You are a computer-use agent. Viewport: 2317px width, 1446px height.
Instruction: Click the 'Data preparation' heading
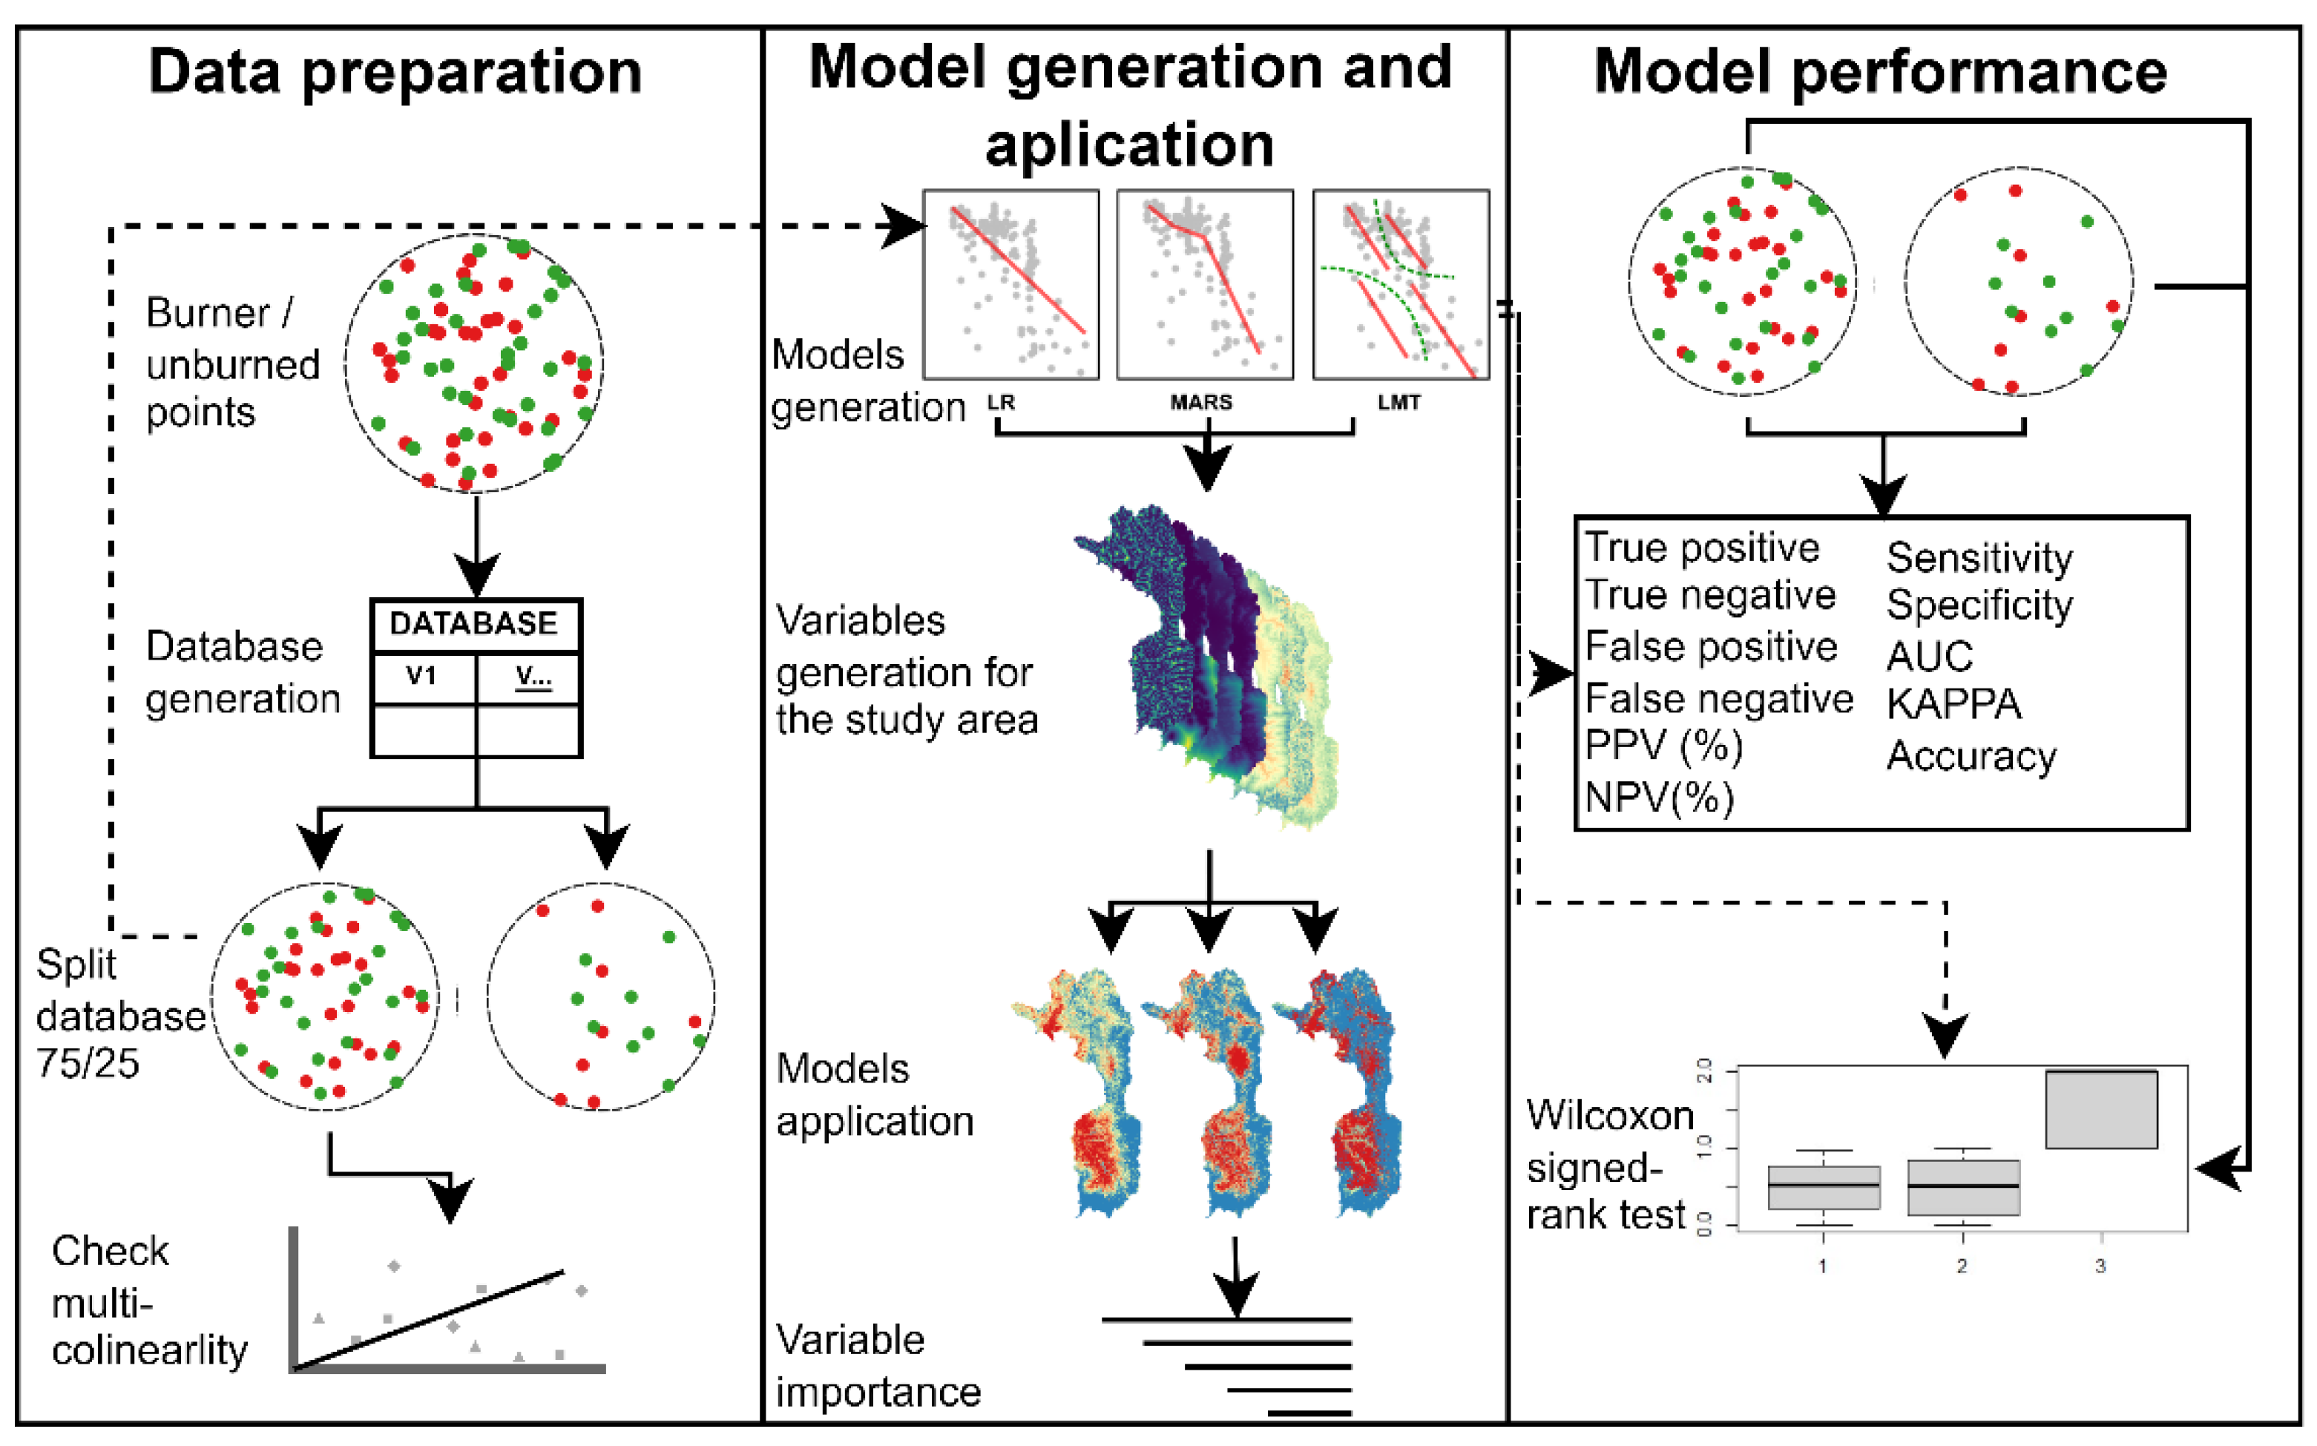point(395,73)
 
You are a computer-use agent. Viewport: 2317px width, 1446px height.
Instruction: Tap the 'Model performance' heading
point(1880,73)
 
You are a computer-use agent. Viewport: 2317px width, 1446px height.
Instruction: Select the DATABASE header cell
point(474,625)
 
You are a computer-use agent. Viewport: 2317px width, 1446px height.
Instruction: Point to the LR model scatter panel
point(1010,284)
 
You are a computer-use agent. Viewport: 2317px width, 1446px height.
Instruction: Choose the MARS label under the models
point(1201,403)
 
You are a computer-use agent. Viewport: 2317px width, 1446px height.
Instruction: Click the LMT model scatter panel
point(1401,284)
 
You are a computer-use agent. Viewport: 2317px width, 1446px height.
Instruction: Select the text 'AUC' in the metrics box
point(1929,656)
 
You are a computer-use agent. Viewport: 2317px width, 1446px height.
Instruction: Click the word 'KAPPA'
point(1953,705)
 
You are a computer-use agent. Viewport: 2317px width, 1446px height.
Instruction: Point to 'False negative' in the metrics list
point(1718,699)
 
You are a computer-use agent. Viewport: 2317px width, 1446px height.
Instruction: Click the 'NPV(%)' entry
point(1659,797)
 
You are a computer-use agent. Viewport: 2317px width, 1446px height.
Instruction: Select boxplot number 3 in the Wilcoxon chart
point(2101,1109)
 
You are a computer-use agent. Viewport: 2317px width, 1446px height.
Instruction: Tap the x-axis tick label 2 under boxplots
point(1962,1266)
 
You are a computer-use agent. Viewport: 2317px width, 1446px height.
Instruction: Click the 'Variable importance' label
point(878,1366)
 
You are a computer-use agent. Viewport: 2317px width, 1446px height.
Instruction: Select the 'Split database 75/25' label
point(120,1013)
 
